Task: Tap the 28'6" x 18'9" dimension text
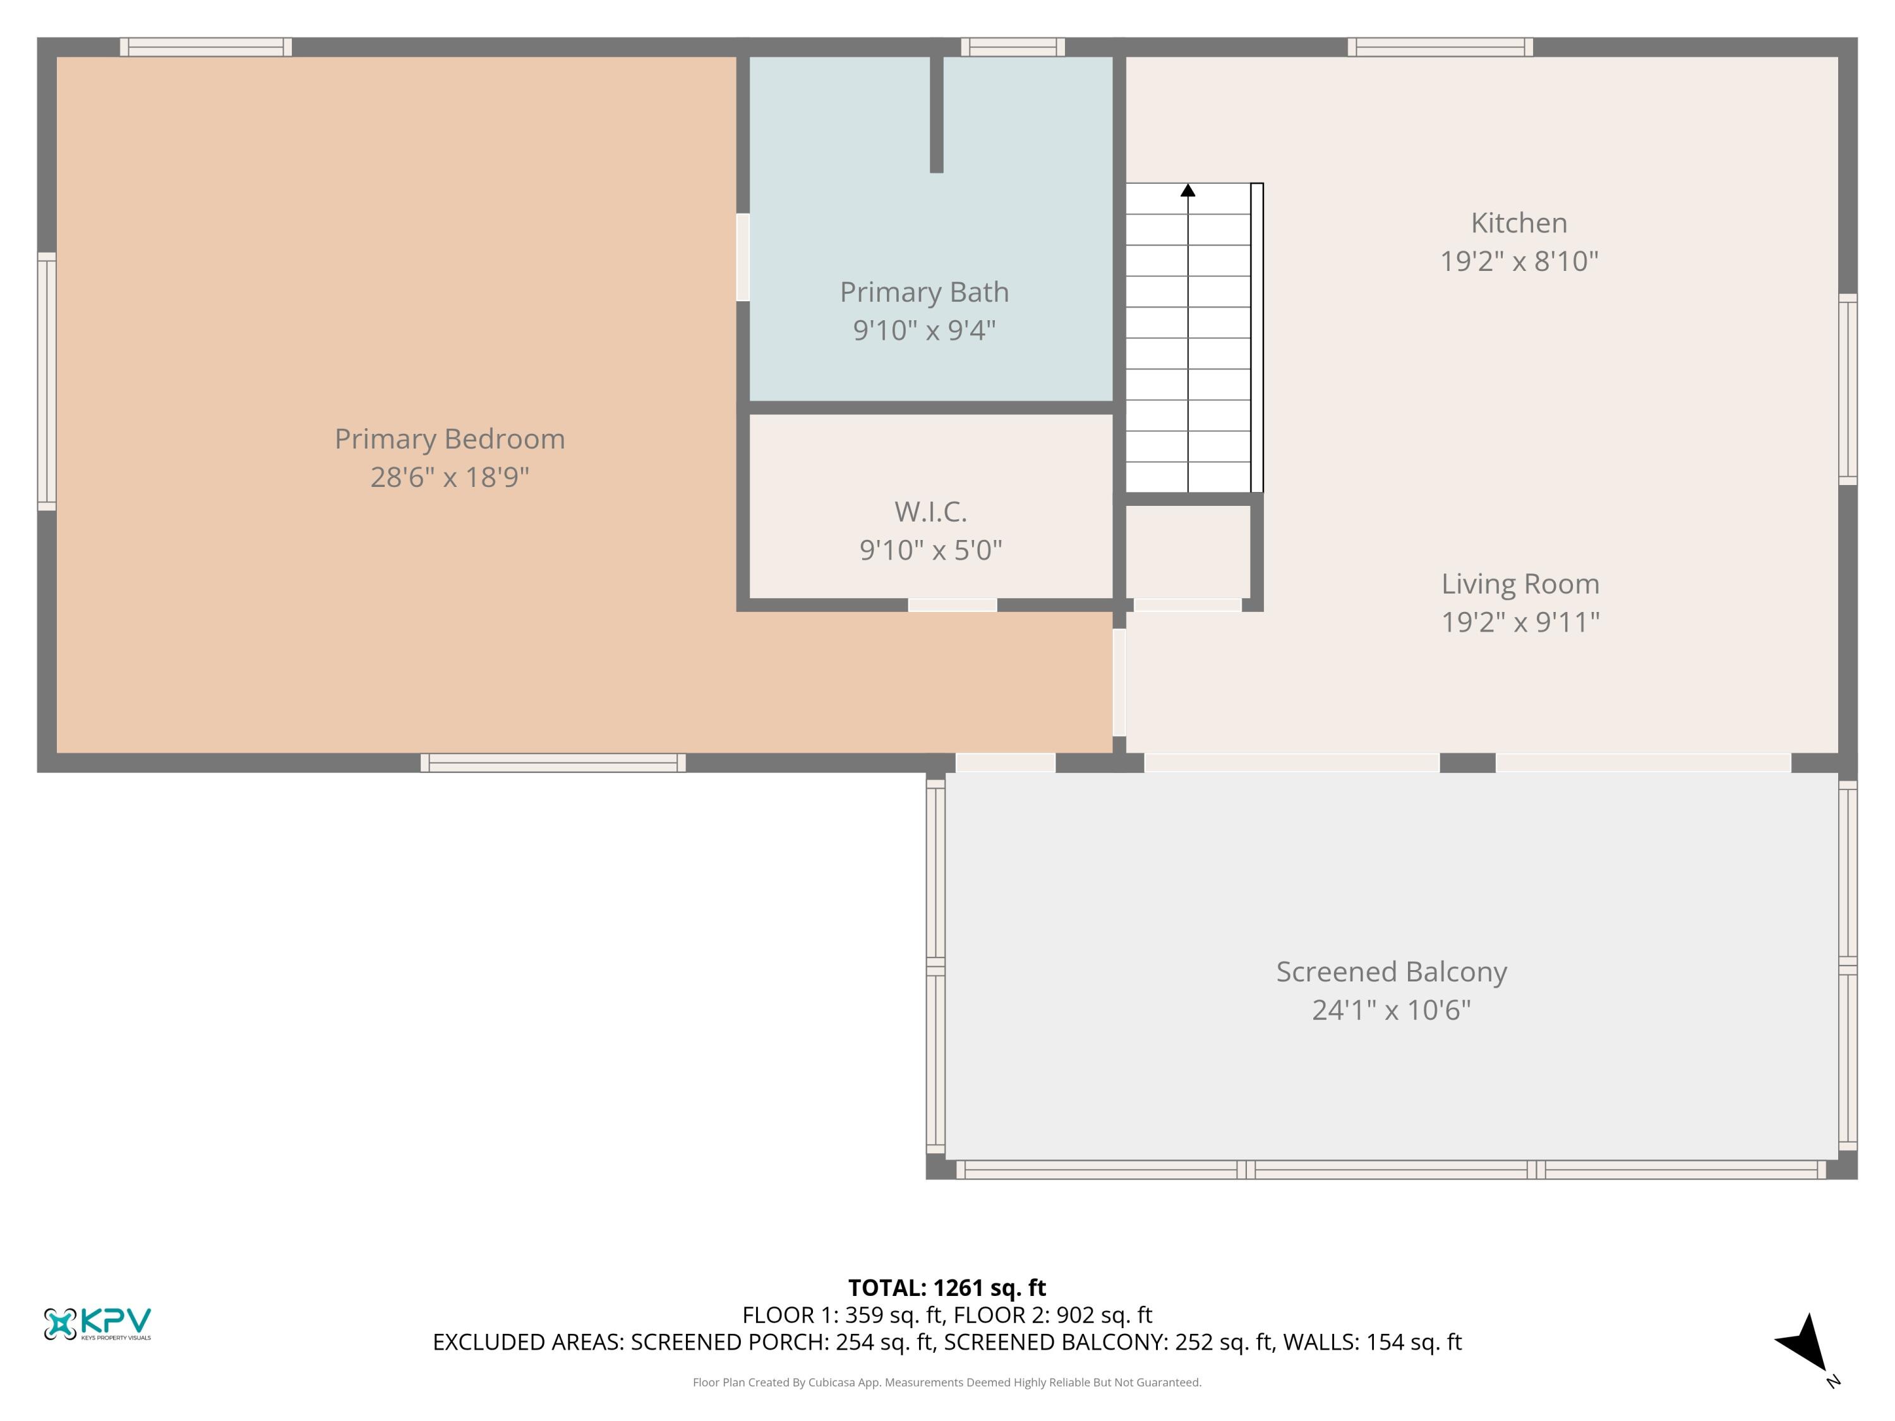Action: pyautogui.click(x=449, y=477)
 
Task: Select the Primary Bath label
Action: pyautogui.click(x=923, y=292)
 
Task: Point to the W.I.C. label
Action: pyautogui.click(x=930, y=512)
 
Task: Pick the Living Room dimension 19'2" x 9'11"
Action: pyautogui.click(x=1519, y=622)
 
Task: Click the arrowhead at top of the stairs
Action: pyautogui.click(x=1188, y=190)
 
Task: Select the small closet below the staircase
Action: pyautogui.click(x=1188, y=550)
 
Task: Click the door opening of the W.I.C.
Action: pyautogui.click(x=952, y=605)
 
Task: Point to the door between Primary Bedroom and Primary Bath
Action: pyautogui.click(x=743, y=257)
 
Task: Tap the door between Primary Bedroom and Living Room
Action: pyautogui.click(x=1119, y=683)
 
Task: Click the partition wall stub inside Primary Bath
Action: pyautogui.click(x=936, y=114)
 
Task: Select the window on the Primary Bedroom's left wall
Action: pyautogui.click(x=46, y=381)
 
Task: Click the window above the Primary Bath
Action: pyautogui.click(x=1012, y=47)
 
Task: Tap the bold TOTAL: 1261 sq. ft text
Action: pyautogui.click(x=947, y=1287)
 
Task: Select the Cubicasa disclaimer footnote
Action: pyautogui.click(x=947, y=1382)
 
